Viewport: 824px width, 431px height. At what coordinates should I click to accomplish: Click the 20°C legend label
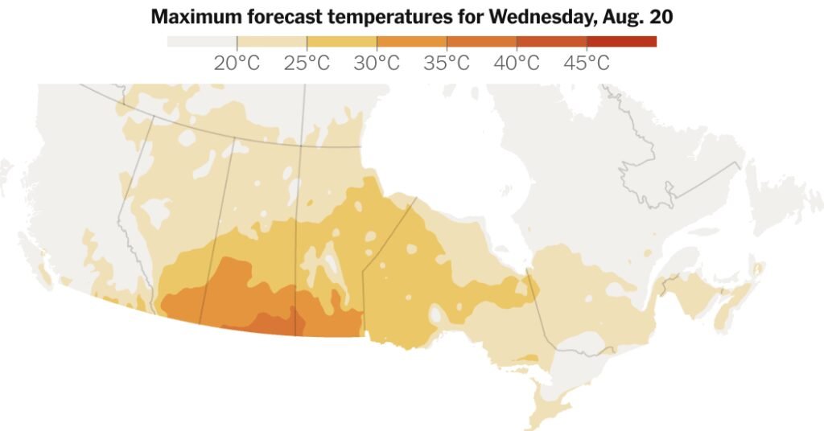(237, 63)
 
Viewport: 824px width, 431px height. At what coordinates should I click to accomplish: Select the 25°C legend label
(307, 63)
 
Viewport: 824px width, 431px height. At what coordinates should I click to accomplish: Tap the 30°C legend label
(377, 63)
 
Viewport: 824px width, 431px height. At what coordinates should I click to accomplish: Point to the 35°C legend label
(447, 63)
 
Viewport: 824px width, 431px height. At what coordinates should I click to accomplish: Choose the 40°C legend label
(517, 63)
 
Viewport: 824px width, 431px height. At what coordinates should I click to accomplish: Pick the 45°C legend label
(587, 63)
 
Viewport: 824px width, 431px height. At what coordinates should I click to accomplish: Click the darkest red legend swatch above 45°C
(621, 42)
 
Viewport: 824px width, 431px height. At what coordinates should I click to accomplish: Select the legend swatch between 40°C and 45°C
(551, 42)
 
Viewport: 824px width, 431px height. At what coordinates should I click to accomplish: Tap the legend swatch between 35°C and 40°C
(481, 42)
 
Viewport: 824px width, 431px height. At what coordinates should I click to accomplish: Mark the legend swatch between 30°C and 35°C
(411, 42)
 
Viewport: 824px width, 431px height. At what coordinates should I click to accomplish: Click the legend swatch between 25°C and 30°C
(341, 42)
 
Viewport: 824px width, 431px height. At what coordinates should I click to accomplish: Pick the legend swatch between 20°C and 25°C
(271, 42)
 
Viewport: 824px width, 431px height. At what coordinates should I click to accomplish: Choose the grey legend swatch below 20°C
(201, 42)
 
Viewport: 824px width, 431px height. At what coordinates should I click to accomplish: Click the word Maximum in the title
(192, 17)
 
